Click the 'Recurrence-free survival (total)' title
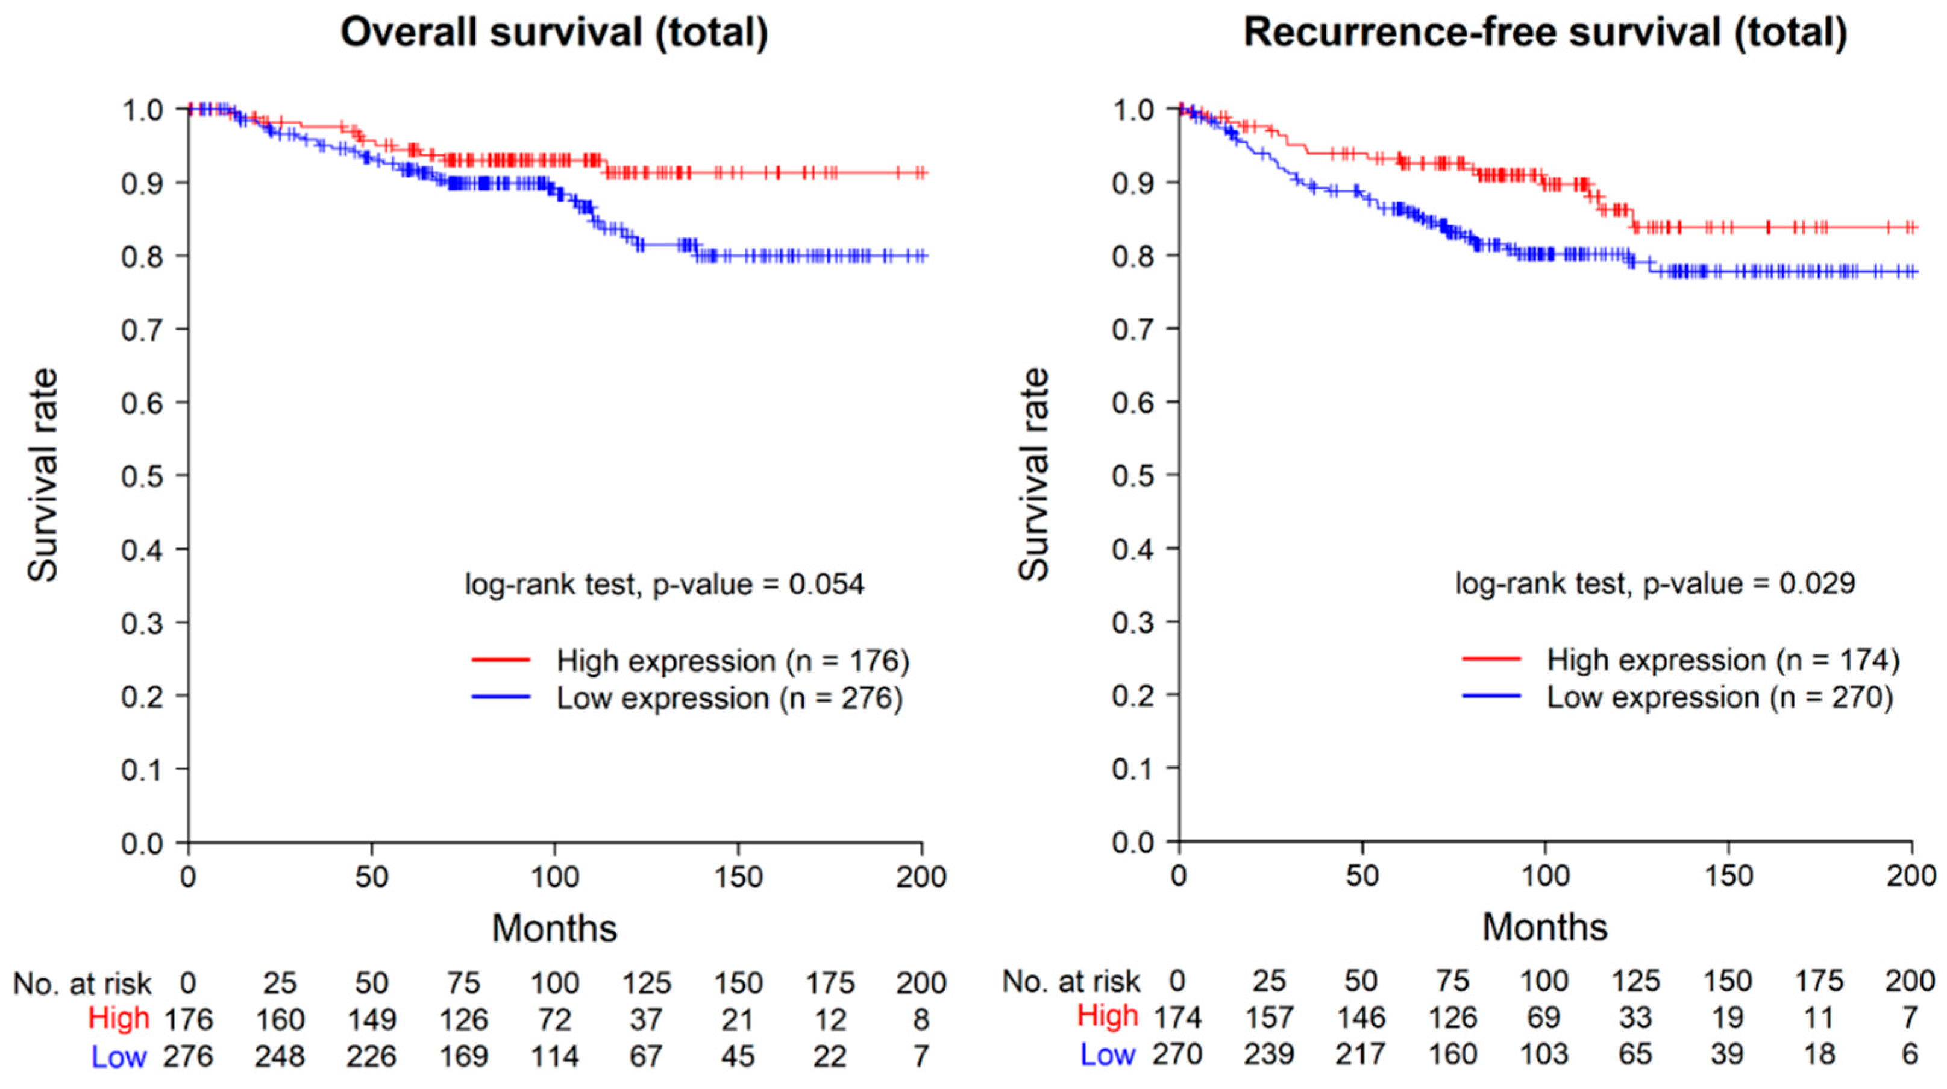[1545, 33]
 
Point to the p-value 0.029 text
[1655, 583]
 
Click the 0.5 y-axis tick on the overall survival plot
[142, 475]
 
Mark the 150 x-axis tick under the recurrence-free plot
[1729, 876]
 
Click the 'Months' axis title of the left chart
[555, 927]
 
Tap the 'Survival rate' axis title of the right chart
[1034, 475]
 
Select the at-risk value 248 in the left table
[280, 1056]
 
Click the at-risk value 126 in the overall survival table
[463, 1020]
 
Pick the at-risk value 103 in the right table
[1543, 1053]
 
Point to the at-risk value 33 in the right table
[1635, 1017]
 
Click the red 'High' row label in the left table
[119, 1018]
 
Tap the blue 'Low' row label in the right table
[1108, 1054]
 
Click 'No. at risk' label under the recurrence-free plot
[1071, 982]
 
